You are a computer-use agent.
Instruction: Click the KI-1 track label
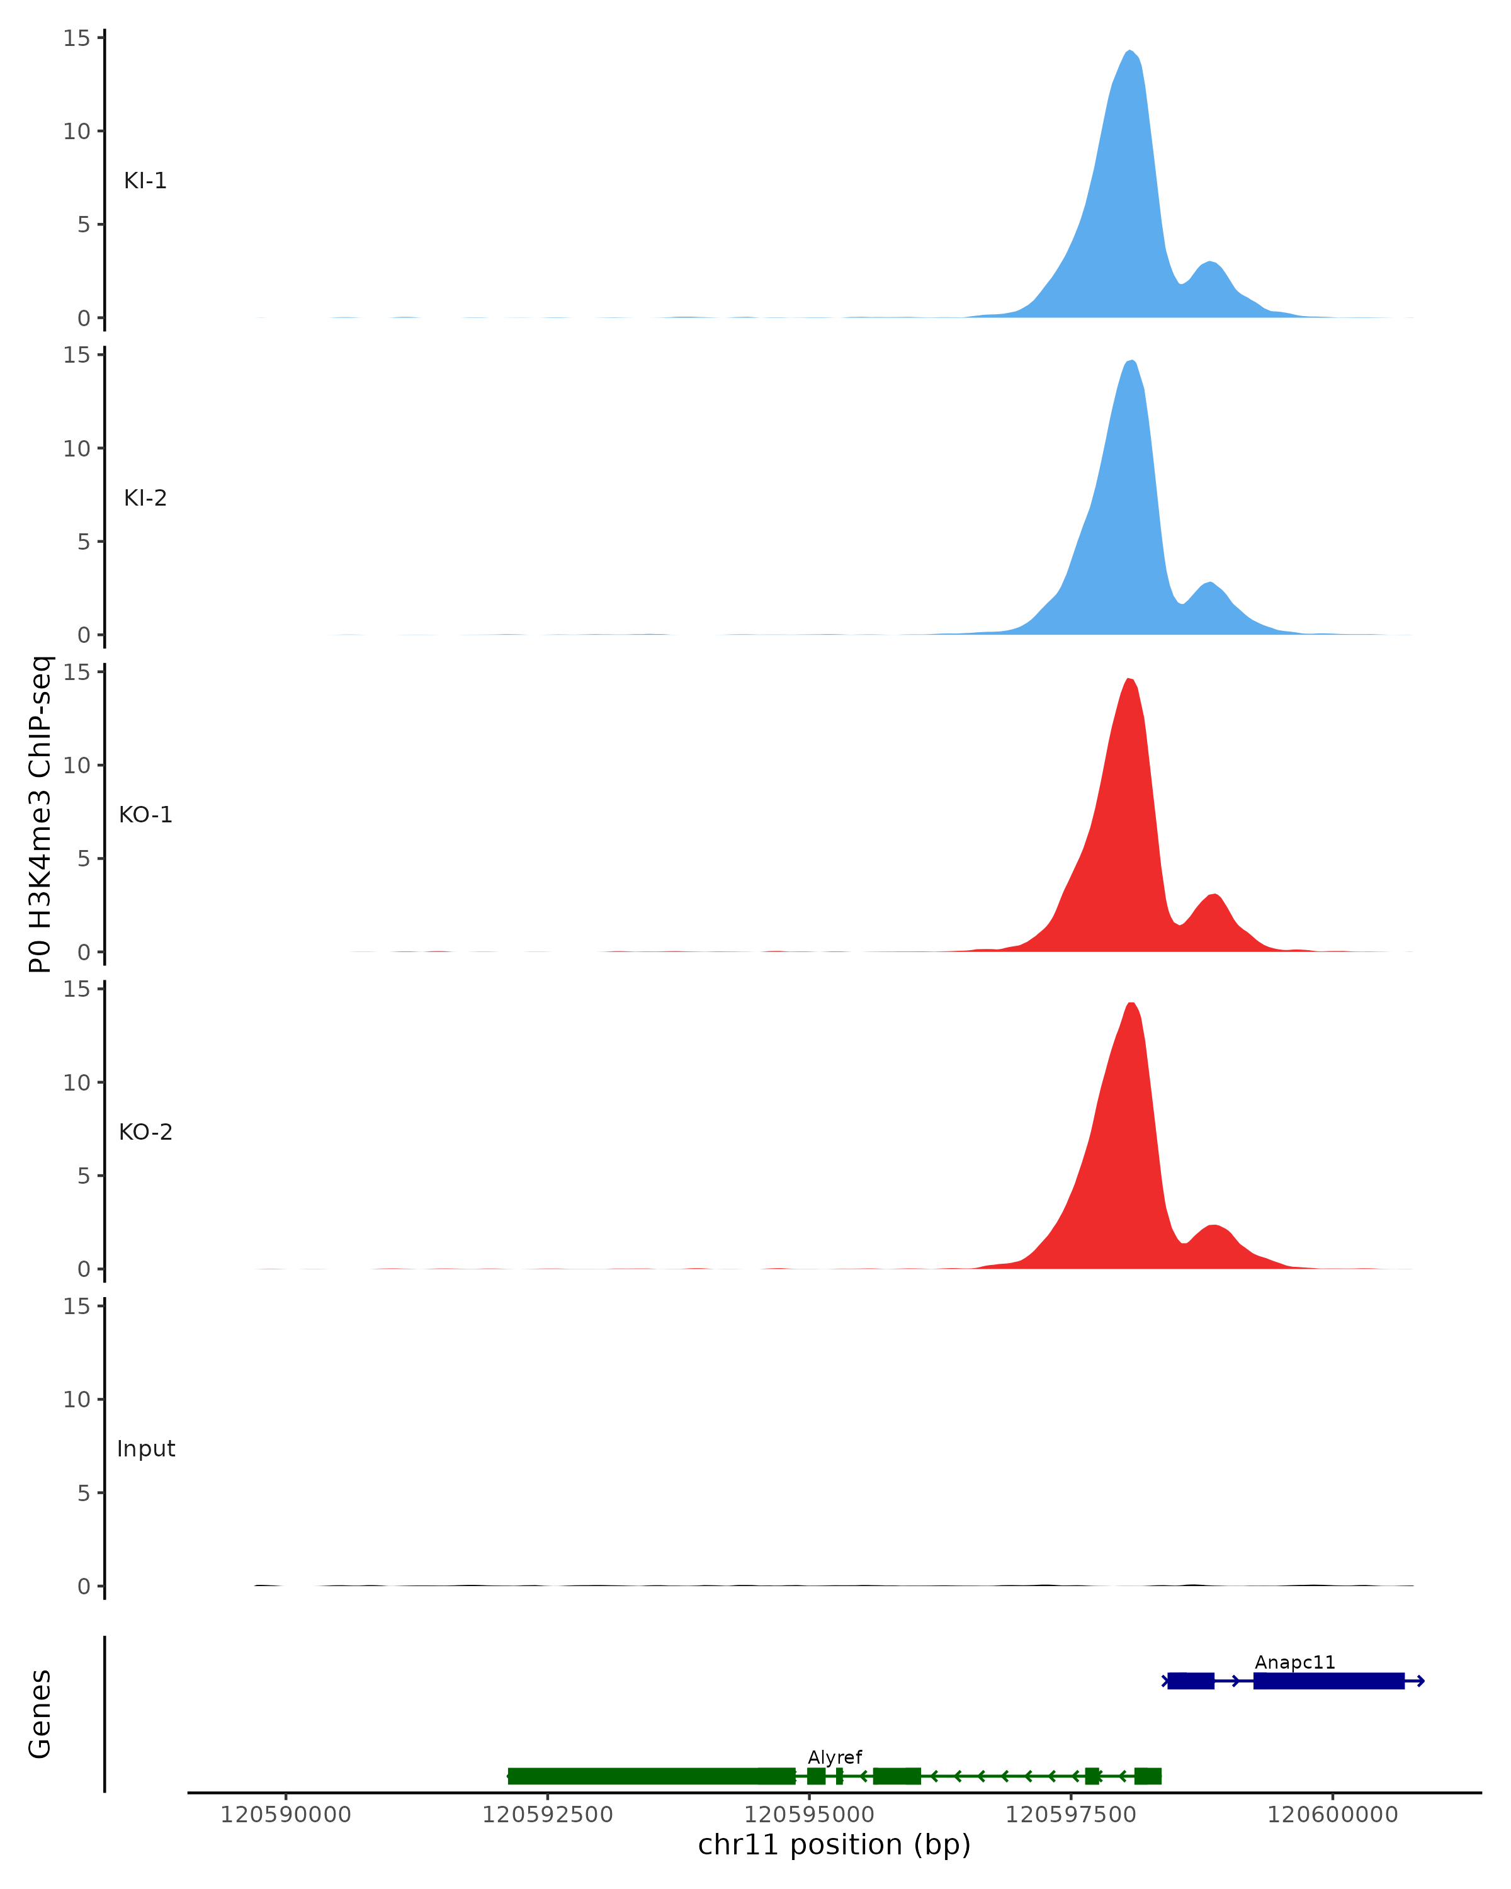(x=145, y=181)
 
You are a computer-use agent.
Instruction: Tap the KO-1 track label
(x=145, y=815)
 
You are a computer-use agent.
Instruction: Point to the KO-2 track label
(x=145, y=1132)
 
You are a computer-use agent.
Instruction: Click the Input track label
(x=145, y=1449)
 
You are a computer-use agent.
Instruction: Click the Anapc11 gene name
(x=1294, y=1663)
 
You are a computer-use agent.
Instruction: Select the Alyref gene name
(x=834, y=1757)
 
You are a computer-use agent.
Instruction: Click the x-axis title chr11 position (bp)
(x=834, y=1845)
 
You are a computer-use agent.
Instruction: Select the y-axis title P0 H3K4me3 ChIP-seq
(x=40, y=815)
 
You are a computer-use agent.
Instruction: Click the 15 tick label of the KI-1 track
(x=76, y=38)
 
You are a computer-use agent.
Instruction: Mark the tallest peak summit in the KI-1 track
(x=1130, y=52)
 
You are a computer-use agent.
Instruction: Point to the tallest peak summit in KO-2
(x=1131, y=1004)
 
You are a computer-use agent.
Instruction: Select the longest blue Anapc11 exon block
(x=1328, y=1681)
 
